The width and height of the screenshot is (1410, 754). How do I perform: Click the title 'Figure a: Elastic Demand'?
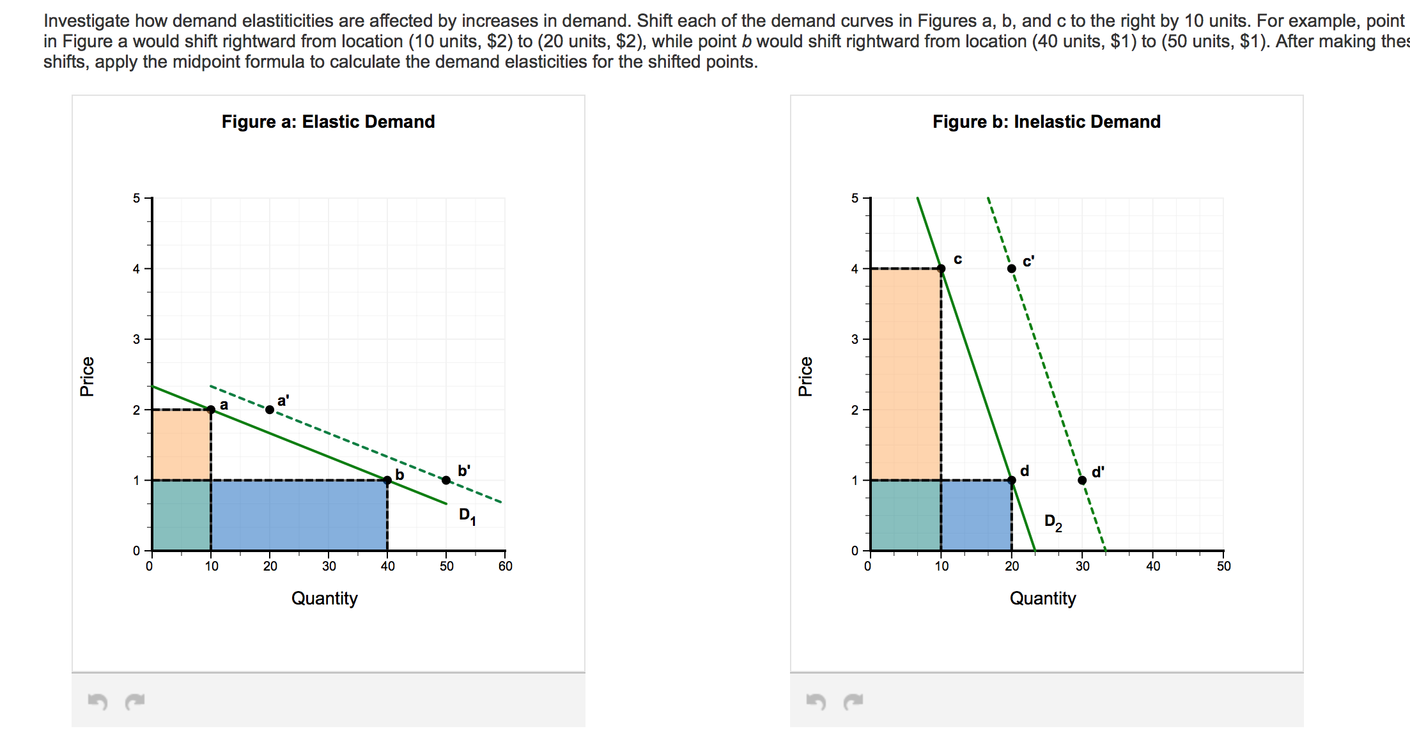click(328, 121)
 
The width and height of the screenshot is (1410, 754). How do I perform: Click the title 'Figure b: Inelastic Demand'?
click(1046, 121)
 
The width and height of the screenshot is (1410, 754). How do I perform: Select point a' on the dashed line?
click(270, 410)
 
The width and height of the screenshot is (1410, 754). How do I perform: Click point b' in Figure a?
click(446, 480)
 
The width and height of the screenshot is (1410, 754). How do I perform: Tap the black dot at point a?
click(211, 410)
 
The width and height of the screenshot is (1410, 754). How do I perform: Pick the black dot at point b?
click(387, 480)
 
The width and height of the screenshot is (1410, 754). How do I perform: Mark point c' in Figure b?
click(1011, 268)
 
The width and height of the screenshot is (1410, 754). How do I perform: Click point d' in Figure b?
click(1082, 480)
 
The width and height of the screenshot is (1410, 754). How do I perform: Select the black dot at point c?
click(941, 268)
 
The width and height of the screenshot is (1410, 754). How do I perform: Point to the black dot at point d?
click(1012, 480)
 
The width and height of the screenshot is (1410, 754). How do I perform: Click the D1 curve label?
click(467, 516)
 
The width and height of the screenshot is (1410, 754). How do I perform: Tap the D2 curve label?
click(1053, 522)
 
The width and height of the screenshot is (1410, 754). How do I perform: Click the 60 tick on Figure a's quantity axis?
click(506, 566)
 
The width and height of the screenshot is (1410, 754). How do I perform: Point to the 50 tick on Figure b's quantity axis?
click(1223, 566)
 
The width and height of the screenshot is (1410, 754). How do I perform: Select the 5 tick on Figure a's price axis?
click(136, 198)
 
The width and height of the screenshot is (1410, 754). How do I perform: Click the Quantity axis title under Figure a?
click(324, 598)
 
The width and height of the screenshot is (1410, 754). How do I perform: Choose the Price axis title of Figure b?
click(805, 376)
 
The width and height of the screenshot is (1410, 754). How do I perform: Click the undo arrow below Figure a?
click(97, 702)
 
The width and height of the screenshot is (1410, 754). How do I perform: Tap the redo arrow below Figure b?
click(853, 702)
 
